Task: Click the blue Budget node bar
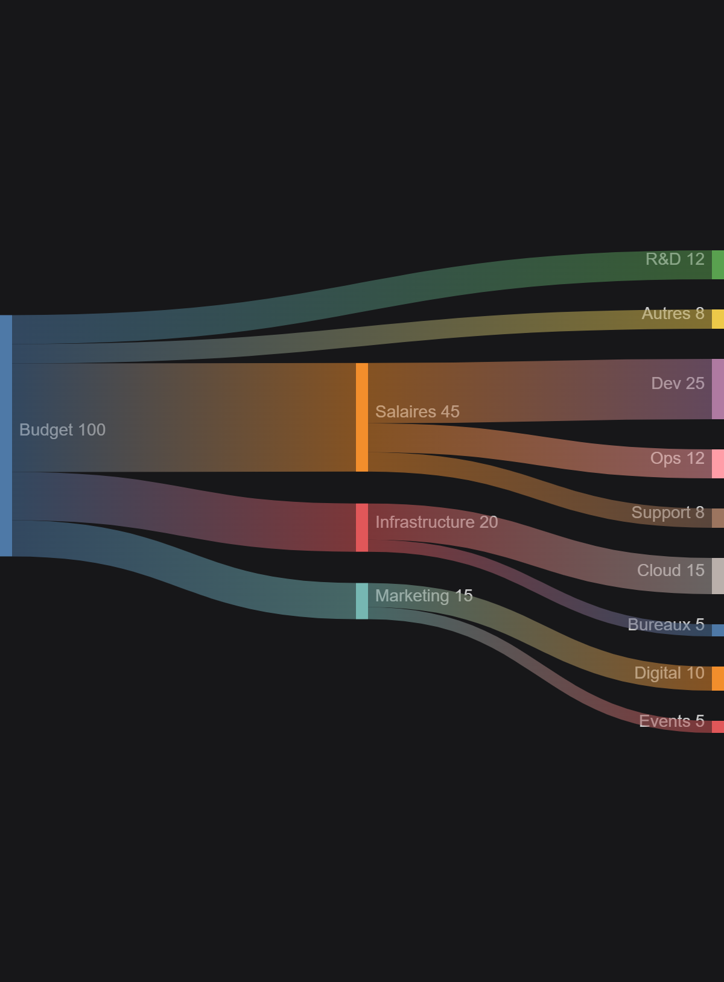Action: [x=6, y=436]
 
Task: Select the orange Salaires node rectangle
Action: [x=361, y=417]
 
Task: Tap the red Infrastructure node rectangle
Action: [x=361, y=527]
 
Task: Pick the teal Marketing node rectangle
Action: [x=361, y=601]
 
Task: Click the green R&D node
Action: [x=717, y=265]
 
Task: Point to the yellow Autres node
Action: [x=717, y=318]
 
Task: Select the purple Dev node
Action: [x=717, y=389]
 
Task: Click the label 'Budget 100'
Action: [x=62, y=430]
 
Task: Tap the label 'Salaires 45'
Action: [x=417, y=412]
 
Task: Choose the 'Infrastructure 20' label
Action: [x=436, y=522]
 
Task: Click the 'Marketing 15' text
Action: [x=424, y=596]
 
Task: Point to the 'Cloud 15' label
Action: [x=670, y=571]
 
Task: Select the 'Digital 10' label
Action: [x=669, y=673]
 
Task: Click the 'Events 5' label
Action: [x=672, y=721]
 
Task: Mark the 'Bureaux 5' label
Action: [x=665, y=625]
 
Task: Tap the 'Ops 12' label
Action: [x=677, y=458]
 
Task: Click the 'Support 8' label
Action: [x=667, y=513]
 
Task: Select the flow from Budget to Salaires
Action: [x=181, y=417]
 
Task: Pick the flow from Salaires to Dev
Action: [x=543, y=391]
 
